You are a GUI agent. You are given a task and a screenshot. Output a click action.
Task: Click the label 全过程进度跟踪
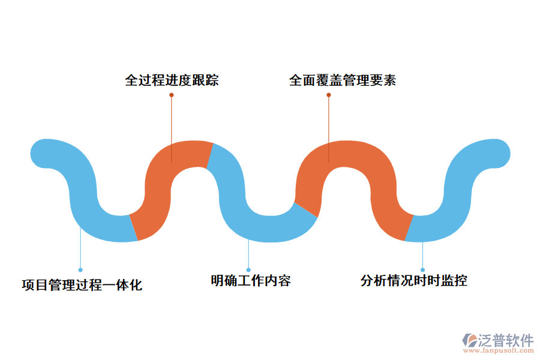(172, 80)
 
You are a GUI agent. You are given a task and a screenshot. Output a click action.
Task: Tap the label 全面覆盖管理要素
(343, 80)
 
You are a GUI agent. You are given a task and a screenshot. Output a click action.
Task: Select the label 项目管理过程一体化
(82, 285)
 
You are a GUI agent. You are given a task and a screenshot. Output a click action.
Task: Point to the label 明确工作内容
(251, 280)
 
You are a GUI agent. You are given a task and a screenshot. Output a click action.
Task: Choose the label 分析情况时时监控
(414, 280)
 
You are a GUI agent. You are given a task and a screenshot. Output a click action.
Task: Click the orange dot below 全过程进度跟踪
(172, 95)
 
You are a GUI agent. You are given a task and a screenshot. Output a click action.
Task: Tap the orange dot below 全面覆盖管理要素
(329, 95)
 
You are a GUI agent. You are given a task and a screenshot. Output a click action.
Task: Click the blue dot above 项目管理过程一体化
(80, 270)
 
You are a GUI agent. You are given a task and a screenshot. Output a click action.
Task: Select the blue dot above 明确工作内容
(248, 270)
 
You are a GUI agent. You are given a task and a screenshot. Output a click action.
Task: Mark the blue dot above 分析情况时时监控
(422, 270)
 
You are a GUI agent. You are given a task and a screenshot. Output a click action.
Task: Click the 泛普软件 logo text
(506, 340)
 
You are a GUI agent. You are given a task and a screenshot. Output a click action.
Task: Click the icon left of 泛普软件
(470, 340)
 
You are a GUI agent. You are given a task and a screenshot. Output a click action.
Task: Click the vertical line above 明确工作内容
(248, 255)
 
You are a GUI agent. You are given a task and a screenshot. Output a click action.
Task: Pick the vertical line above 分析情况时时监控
(422, 255)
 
